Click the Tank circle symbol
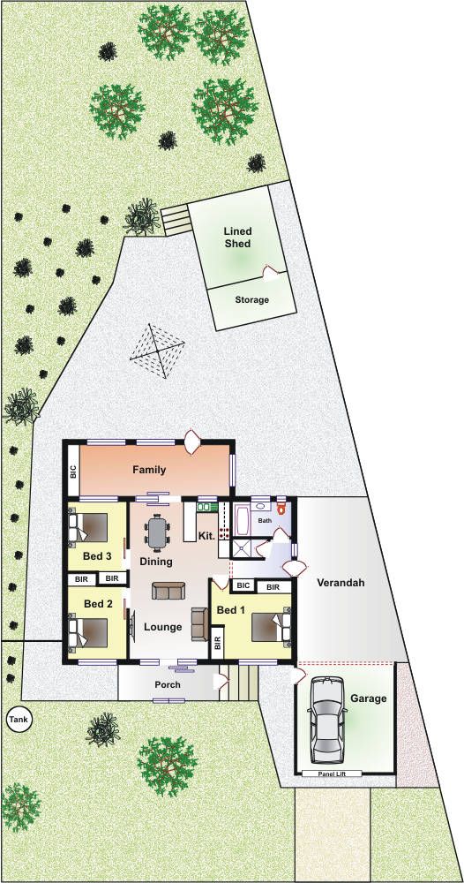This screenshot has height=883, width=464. tap(19, 719)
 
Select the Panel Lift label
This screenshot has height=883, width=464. tap(332, 774)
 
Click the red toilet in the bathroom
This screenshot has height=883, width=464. tap(281, 506)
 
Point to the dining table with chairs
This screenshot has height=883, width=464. tap(158, 532)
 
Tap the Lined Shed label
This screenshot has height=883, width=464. tap(238, 237)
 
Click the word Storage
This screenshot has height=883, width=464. tap(251, 300)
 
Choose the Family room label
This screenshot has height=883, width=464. tap(149, 470)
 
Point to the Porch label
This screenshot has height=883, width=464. tap(168, 685)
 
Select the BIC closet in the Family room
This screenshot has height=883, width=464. tap(73, 471)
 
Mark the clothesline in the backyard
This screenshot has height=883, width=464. tap(158, 351)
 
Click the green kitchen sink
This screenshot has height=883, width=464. tap(207, 507)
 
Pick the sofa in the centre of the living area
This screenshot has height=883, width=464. tap(168, 591)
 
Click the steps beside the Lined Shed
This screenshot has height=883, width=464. tap(176, 221)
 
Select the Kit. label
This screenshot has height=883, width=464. tap(207, 536)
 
